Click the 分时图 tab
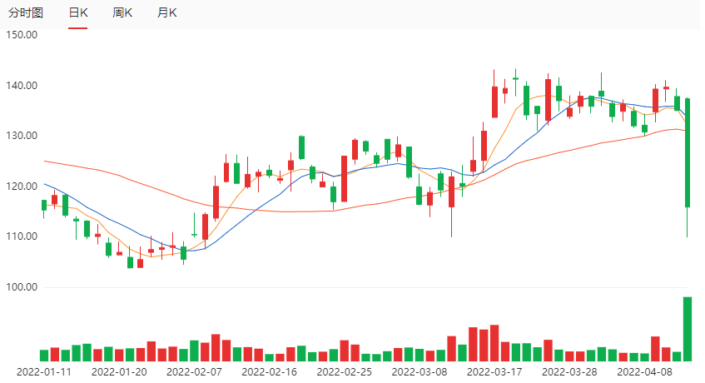(26, 13)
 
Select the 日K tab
(78, 13)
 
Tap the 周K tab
(122, 13)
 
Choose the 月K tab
(166, 13)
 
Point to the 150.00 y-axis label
(22, 35)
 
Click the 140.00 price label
(22, 86)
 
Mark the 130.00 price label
(22, 136)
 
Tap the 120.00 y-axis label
(22, 187)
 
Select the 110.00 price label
(22, 236)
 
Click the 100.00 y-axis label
(22, 287)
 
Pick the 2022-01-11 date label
(44, 372)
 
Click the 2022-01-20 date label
(119, 372)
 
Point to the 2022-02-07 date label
(195, 372)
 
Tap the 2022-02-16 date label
(270, 372)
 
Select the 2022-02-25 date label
(345, 372)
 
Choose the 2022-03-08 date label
(420, 372)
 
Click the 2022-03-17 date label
(495, 372)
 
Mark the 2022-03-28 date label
(570, 372)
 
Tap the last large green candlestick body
(688, 152)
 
